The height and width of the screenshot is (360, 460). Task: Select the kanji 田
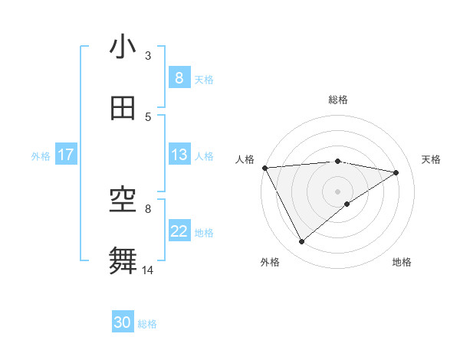(x=123, y=109)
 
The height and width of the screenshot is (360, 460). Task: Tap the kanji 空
(x=123, y=201)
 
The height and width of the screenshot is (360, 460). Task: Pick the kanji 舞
(x=123, y=261)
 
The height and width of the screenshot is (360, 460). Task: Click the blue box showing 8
(x=179, y=78)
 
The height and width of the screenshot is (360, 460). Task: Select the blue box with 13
(x=179, y=155)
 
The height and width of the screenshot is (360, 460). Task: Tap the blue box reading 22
(x=179, y=231)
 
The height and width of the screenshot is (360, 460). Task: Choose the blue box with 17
(x=66, y=155)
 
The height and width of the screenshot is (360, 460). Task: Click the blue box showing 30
(x=123, y=322)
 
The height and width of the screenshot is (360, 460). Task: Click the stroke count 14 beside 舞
(x=149, y=269)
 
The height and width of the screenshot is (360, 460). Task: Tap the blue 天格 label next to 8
(x=204, y=79)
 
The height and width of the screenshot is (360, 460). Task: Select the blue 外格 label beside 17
(x=41, y=155)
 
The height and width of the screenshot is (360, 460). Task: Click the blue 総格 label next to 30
(x=147, y=323)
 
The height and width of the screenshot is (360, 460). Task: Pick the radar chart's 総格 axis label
(x=338, y=100)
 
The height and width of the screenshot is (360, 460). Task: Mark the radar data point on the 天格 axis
(x=396, y=172)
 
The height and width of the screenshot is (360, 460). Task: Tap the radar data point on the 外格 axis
(x=301, y=242)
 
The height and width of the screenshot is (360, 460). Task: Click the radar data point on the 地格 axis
(x=347, y=204)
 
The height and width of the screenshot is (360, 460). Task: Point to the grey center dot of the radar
(x=338, y=191)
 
